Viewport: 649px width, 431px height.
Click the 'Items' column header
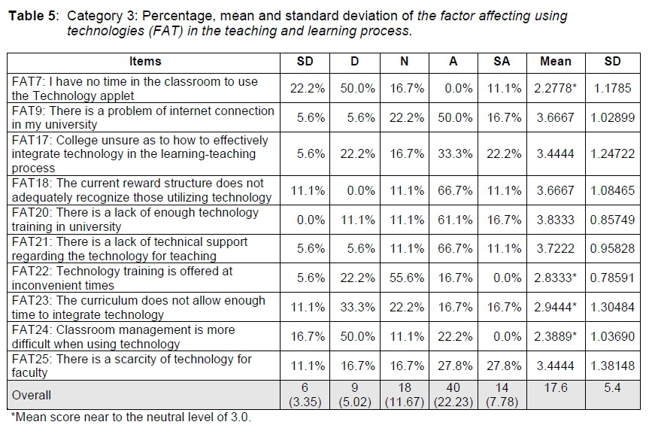(x=144, y=62)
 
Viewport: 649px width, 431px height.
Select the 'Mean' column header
(x=556, y=62)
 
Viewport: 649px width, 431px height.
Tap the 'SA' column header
(x=502, y=62)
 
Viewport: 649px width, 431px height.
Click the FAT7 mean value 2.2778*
(x=556, y=89)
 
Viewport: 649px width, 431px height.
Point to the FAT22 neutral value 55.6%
(x=405, y=278)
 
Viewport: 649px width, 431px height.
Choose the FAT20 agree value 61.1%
(x=453, y=220)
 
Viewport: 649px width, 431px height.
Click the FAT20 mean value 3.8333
(x=556, y=220)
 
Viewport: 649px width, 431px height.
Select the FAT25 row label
(x=132, y=366)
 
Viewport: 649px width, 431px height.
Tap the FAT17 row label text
(x=140, y=154)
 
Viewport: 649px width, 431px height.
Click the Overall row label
(x=32, y=395)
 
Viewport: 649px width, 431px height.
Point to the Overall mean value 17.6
(x=554, y=388)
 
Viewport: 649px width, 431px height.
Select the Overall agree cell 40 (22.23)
(x=453, y=395)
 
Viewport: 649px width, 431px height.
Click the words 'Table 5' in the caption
(x=32, y=16)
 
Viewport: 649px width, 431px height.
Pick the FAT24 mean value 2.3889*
(x=556, y=337)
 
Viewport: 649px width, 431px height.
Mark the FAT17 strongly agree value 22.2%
(x=502, y=154)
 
